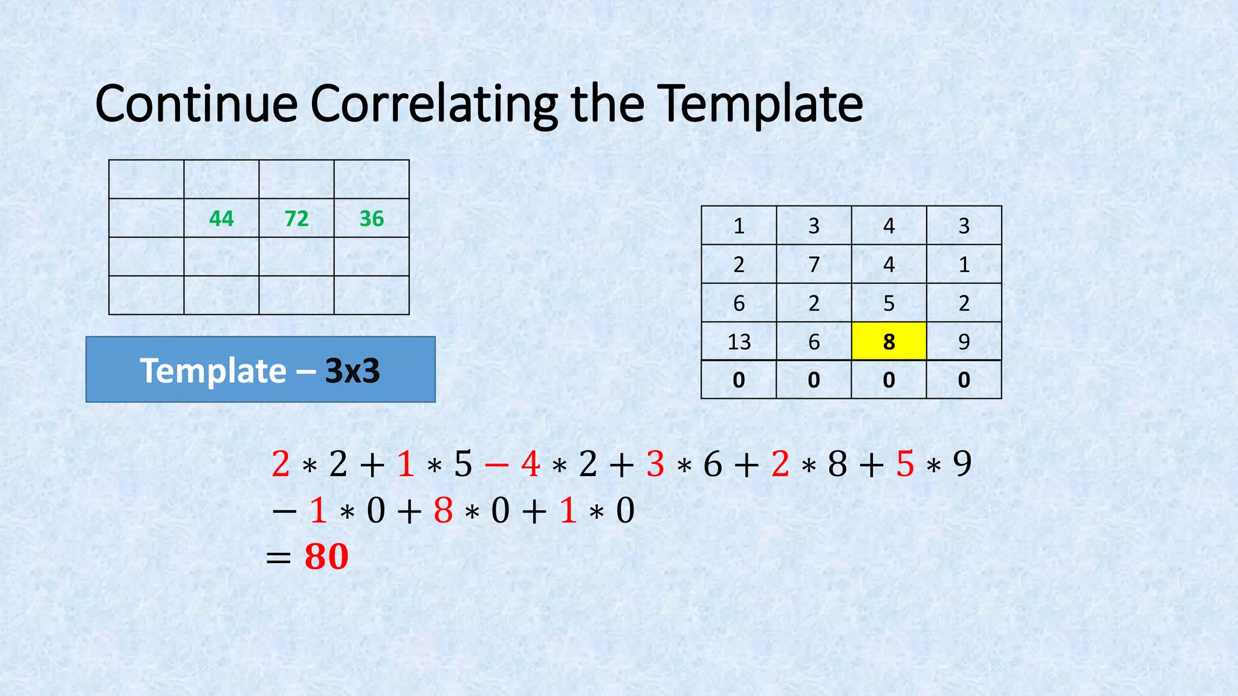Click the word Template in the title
(x=759, y=104)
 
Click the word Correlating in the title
(x=433, y=104)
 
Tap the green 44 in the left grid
(x=221, y=218)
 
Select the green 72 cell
(x=296, y=218)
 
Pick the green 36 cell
(x=371, y=218)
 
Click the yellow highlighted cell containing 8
(x=889, y=341)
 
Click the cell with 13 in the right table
(x=739, y=341)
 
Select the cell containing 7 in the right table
(x=814, y=264)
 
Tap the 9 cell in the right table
(x=964, y=341)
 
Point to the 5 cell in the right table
(x=889, y=303)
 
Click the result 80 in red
(x=326, y=556)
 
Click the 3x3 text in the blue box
(x=352, y=370)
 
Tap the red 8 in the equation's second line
(x=443, y=511)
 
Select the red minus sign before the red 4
(x=496, y=465)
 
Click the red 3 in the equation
(x=655, y=465)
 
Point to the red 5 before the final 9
(x=905, y=465)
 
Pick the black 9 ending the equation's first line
(x=962, y=465)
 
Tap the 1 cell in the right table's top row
(x=739, y=225)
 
